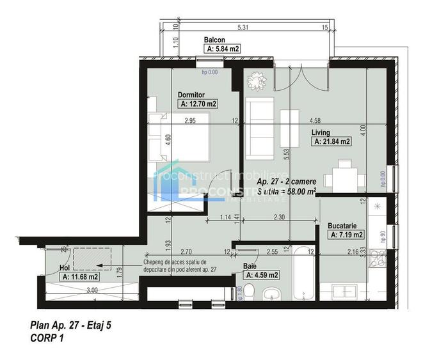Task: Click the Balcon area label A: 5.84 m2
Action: point(222,49)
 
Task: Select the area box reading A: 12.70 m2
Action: point(198,104)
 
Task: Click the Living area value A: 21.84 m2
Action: point(332,142)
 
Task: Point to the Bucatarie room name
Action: point(346,226)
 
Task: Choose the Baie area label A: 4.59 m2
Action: point(262,275)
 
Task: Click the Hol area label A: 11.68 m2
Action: point(80,277)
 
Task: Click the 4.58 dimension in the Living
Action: point(314,120)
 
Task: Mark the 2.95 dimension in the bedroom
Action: point(189,120)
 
